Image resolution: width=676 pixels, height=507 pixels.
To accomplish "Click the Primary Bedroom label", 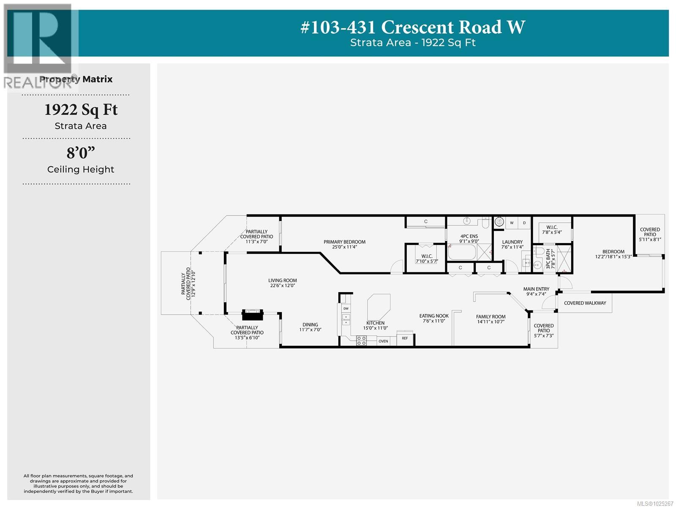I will (x=344, y=242).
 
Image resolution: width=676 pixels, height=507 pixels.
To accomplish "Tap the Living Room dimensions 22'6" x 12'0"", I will (x=282, y=285).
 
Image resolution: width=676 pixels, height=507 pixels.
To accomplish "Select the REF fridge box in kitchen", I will (x=405, y=338).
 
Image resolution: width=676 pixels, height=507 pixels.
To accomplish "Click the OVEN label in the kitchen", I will (x=383, y=341).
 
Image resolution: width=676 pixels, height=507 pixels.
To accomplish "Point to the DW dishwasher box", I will (x=346, y=309).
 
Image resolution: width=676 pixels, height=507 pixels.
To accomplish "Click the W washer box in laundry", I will (x=512, y=223).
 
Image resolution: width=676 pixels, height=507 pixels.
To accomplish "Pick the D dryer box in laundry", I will (x=524, y=223).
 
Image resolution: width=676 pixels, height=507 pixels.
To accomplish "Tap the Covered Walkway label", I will (x=585, y=303).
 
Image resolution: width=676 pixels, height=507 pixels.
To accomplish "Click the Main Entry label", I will (x=536, y=289).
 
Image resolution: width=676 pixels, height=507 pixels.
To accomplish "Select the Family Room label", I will (x=491, y=317).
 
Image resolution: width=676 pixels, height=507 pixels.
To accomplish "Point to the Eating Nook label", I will (x=434, y=316).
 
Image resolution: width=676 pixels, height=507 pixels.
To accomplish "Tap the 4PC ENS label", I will (x=469, y=236).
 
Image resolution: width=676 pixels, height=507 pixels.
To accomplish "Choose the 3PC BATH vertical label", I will (x=548, y=259).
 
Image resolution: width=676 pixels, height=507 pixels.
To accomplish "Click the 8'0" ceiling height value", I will (x=81, y=153).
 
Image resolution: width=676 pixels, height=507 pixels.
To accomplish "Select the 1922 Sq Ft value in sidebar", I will (x=81, y=110).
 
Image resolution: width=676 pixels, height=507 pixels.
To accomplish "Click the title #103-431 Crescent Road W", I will (x=412, y=27).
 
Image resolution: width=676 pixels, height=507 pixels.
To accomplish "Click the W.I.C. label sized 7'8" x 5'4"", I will (x=552, y=227).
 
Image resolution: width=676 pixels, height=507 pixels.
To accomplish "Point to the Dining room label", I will (x=310, y=325).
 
